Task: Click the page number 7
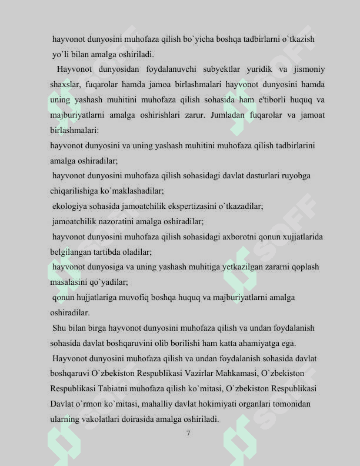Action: coord(188,433)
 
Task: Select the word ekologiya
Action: coord(70,207)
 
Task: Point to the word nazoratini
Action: coord(122,222)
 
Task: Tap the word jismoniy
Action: coord(308,69)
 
